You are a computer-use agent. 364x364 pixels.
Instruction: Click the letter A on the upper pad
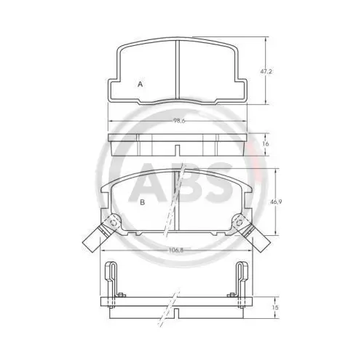tap(140, 84)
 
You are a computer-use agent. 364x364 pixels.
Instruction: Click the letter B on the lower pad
tap(143, 202)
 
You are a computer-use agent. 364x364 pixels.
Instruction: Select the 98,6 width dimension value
tap(179, 121)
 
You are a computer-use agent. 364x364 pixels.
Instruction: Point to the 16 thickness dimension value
tap(266, 143)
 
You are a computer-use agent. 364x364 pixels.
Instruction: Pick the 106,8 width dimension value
tap(177, 250)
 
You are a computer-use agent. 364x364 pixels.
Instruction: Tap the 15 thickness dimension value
tap(275, 307)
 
